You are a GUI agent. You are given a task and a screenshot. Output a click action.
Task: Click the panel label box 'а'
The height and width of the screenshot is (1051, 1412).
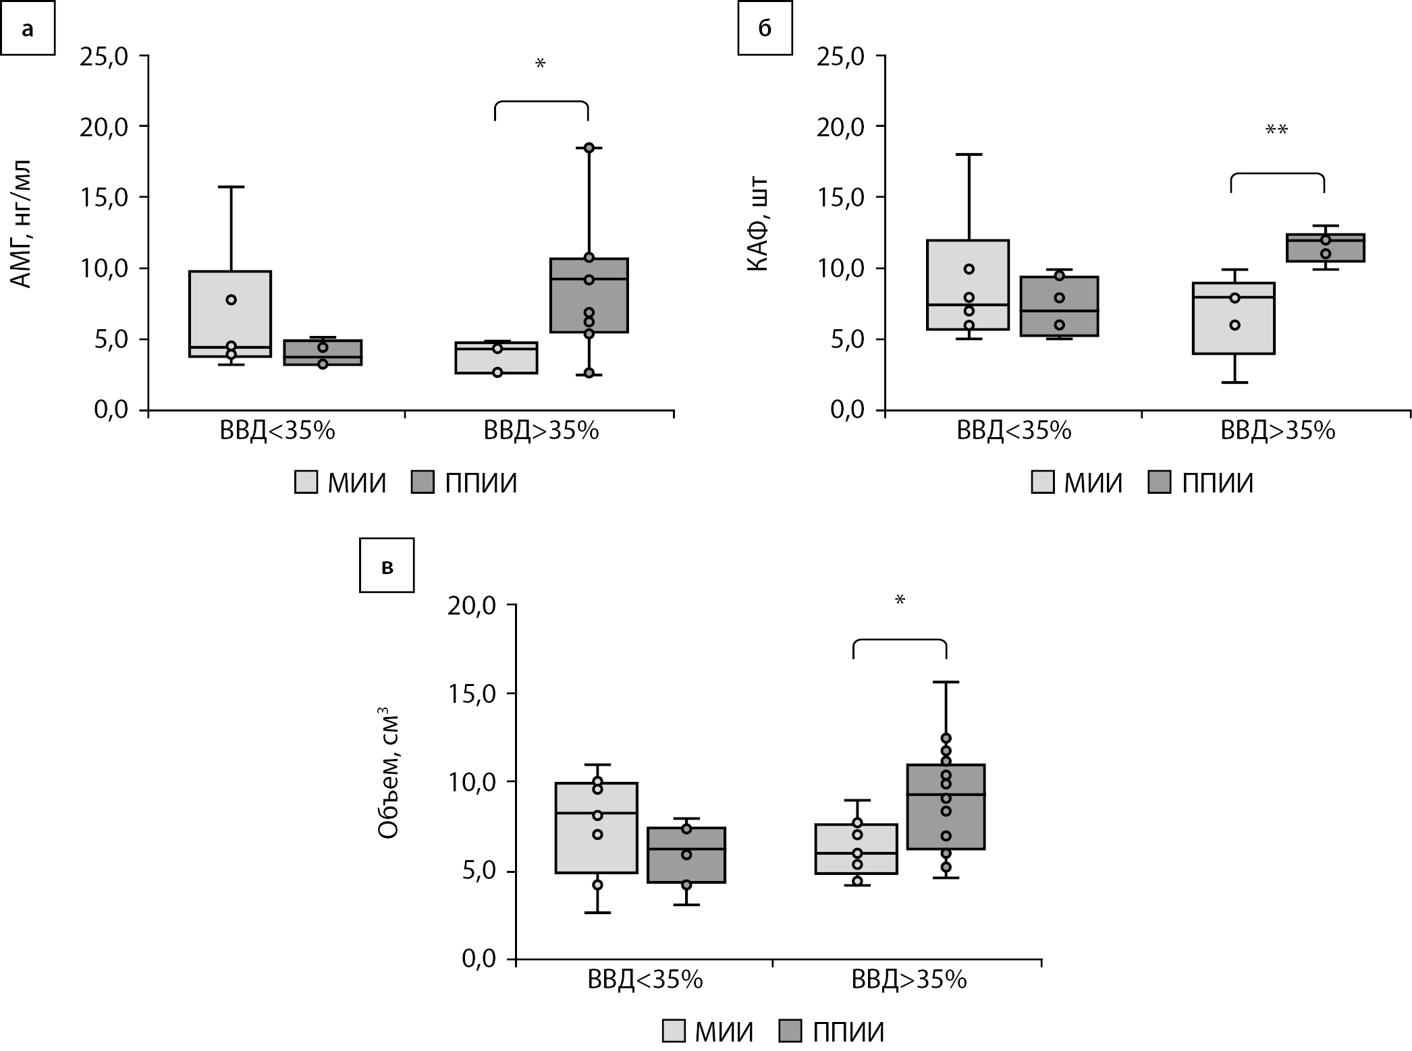point(27,29)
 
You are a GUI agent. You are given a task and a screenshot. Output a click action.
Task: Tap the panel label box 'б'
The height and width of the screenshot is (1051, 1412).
point(765,29)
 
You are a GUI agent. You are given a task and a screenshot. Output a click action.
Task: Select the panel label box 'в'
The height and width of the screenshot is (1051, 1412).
point(387,565)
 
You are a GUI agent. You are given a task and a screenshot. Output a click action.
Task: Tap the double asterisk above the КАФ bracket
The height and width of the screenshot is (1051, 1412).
point(1276,130)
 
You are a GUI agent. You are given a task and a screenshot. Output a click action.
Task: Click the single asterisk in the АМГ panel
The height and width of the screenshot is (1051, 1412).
point(540,65)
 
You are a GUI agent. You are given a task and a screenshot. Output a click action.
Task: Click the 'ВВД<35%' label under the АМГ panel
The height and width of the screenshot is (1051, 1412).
point(277,431)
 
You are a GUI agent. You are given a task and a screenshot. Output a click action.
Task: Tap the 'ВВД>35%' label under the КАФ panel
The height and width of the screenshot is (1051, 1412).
point(1278,431)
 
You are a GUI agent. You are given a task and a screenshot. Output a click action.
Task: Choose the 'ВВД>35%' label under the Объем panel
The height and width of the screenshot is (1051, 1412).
point(909,979)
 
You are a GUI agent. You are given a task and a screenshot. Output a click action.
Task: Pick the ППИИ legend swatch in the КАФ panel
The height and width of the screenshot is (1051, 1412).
point(1159,483)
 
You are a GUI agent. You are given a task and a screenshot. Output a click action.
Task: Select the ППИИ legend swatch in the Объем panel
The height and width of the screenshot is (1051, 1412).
point(790,1031)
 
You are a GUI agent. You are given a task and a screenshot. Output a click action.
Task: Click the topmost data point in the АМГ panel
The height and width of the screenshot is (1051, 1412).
point(589,148)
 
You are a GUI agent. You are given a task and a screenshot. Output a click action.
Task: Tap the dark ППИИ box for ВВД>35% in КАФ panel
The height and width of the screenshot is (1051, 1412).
point(1325,248)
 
